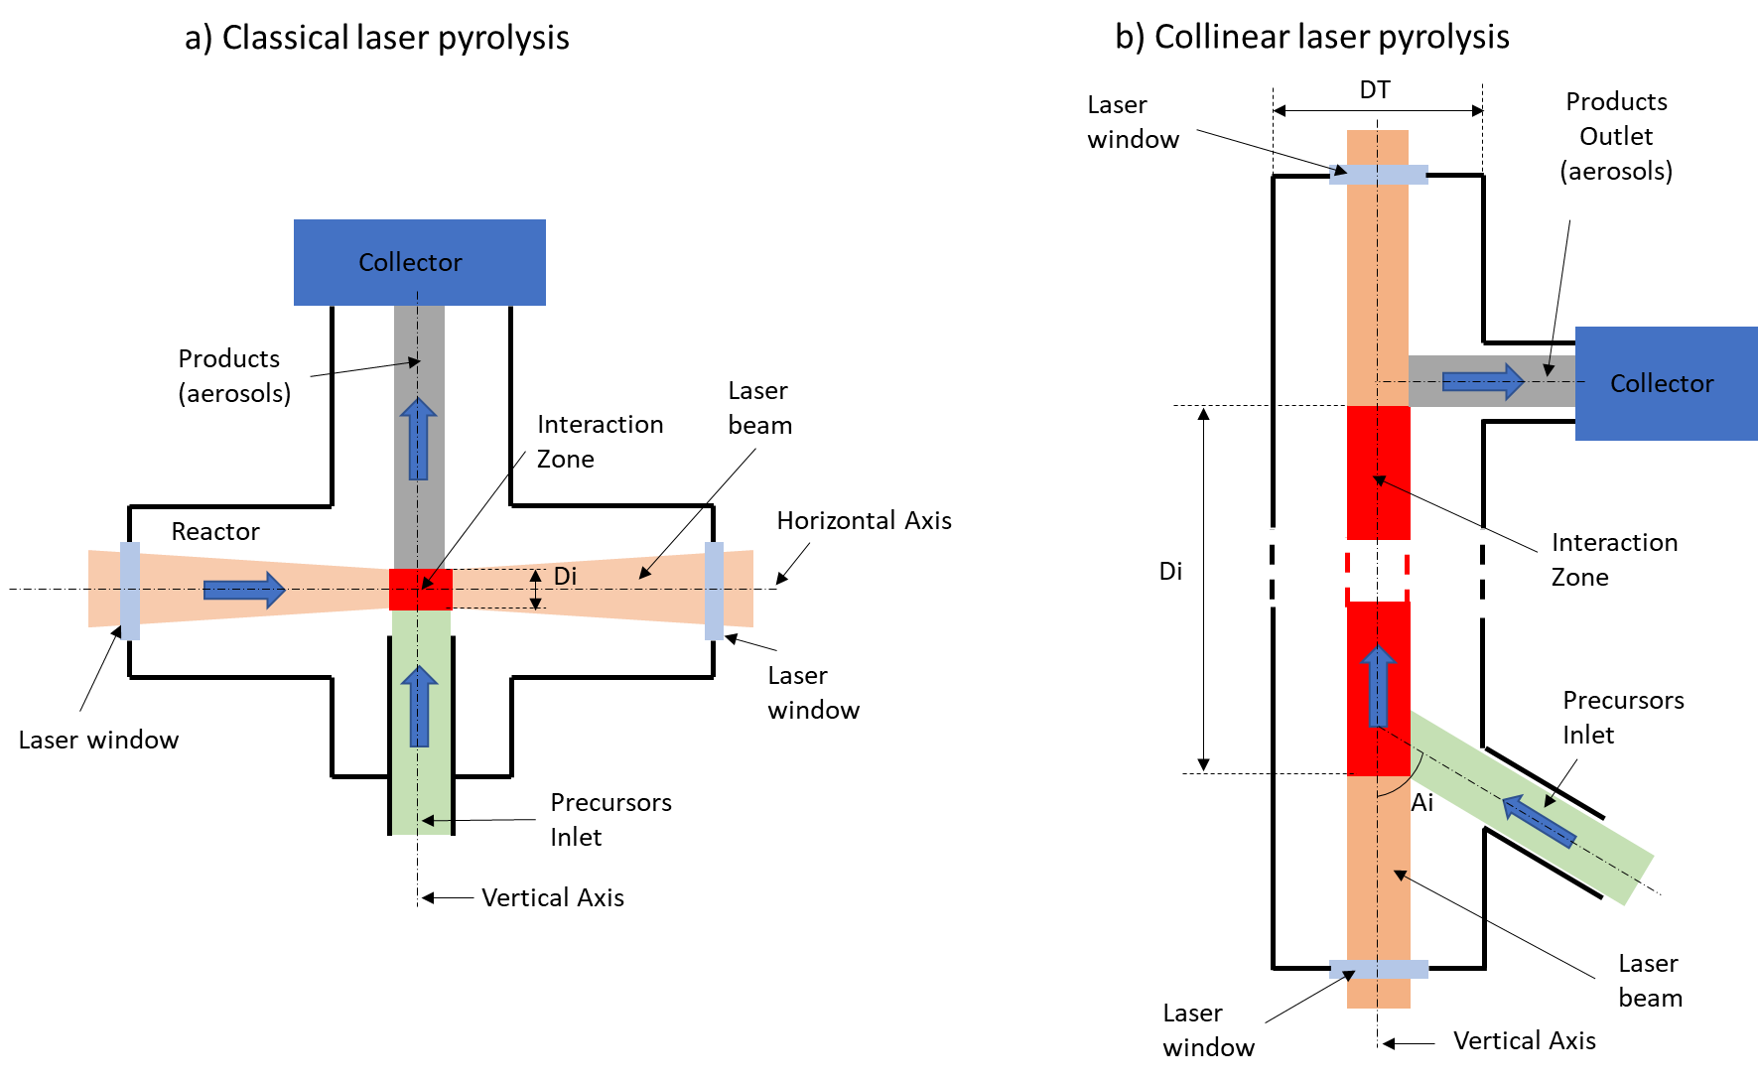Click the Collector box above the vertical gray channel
(x=419, y=262)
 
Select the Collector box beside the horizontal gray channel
(x=1666, y=383)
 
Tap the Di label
(x=565, y=576)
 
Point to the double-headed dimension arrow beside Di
(x=536, y=589)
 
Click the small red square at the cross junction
(x=421, y=590)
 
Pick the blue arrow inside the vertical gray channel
(x=419, y=439)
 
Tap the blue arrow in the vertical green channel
(x=420, y=706)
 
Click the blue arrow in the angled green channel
(x=1539, y=822)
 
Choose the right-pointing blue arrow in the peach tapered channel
(x=244, y=591)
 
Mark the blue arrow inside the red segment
(x=1378, y=686)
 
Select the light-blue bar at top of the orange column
(x=1379, y=175)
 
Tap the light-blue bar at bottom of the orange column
(x=1379, y=969)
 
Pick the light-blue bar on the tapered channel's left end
(x=130, y=591)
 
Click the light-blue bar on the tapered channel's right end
(x=714, y=591)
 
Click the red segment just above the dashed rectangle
(x=1379, y=473)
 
